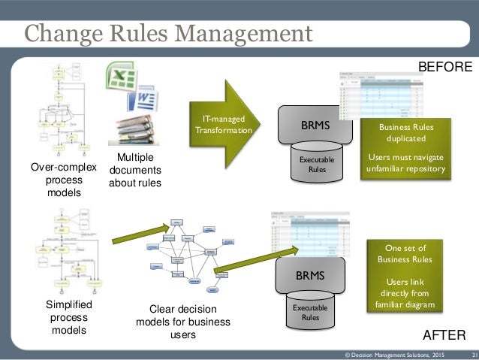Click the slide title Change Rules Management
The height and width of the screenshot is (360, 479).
click(x=167, y=34)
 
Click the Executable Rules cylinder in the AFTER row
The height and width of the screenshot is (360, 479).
click(x=309, y=312)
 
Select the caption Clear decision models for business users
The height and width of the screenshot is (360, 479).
click(x=183, y=322)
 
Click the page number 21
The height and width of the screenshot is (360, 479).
click(x=474, y=354)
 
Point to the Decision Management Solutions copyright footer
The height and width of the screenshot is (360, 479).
click(x=393, y=354)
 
